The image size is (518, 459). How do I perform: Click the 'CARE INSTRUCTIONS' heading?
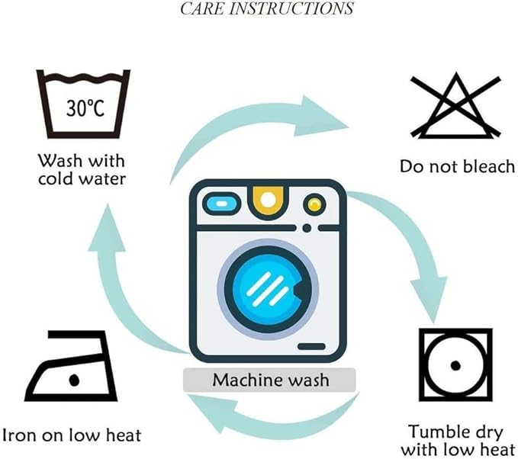266,9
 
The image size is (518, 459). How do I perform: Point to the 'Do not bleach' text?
457,166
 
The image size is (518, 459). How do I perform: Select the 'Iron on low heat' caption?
72,435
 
